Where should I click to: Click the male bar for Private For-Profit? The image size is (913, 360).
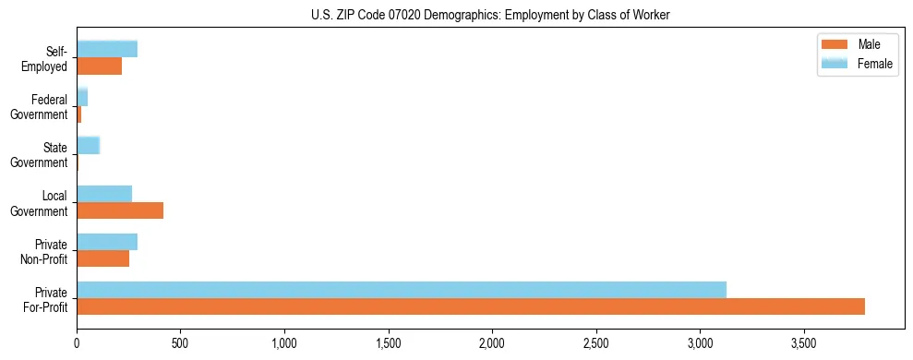click(471, 306)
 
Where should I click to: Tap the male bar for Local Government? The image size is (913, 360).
click(120, 210)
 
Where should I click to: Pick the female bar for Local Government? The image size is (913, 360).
click(104, 193)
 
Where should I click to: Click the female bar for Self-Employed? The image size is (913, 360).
click(107, 49)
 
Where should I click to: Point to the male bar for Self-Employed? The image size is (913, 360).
click(100, 66)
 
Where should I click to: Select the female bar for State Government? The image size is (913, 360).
click(89, 145)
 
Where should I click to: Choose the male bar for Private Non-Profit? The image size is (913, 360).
click(103, 258)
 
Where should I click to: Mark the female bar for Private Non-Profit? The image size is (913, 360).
click(107, 242)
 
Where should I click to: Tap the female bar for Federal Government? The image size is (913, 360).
click(82, 97)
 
